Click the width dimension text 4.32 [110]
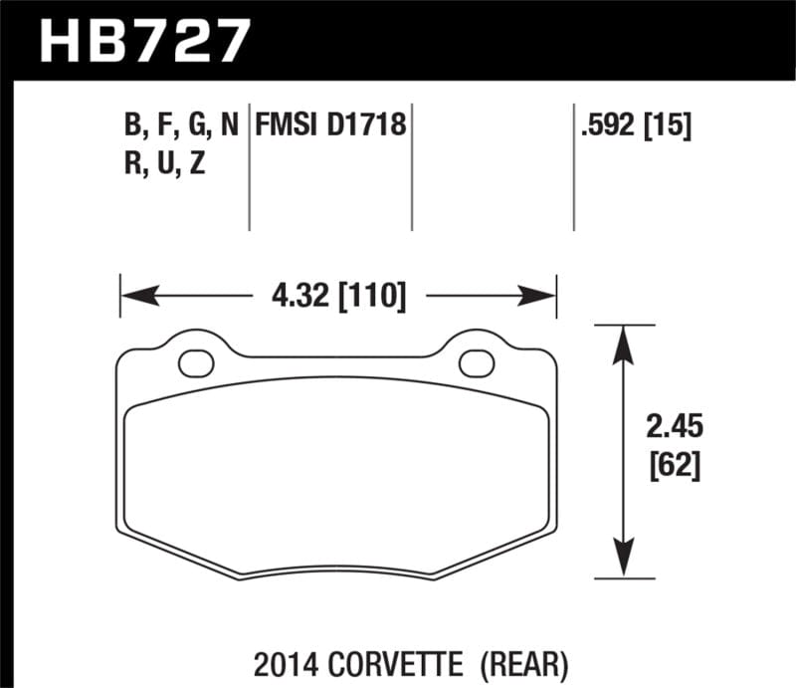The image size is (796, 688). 337,296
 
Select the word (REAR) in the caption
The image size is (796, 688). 524,659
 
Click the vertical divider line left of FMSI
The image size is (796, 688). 248,169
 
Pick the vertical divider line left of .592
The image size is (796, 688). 573,169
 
